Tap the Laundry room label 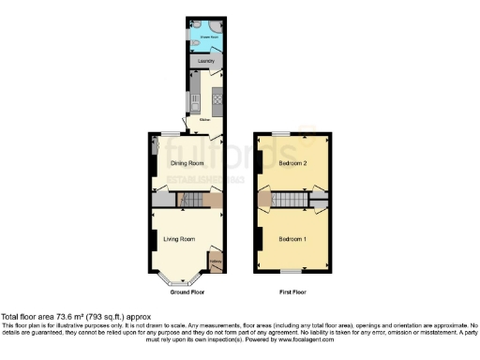205,62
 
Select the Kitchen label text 203,120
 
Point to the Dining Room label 186,163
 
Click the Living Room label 178,238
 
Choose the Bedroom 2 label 292,163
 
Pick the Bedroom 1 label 292,238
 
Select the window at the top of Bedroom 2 282,136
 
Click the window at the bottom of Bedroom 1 292,273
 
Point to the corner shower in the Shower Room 215,27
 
